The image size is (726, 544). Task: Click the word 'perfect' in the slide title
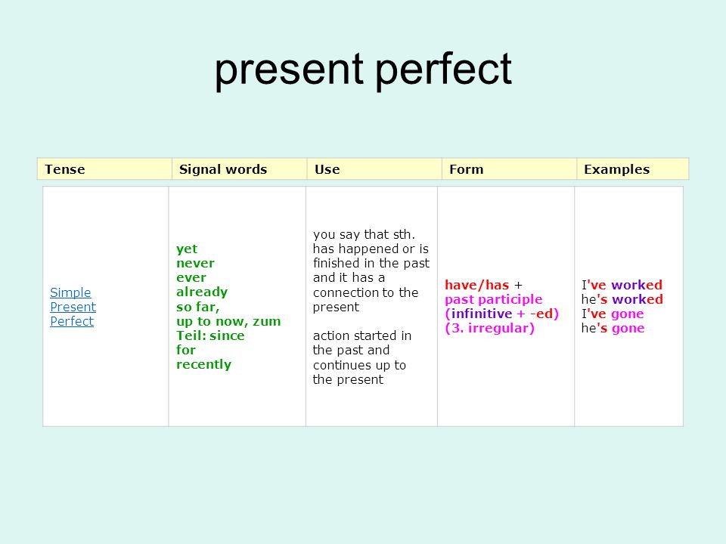click(444, 70)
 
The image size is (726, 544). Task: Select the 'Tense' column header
click(65, 169)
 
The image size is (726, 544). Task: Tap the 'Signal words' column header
click(223, 169)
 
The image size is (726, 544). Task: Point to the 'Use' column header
click(327, 169)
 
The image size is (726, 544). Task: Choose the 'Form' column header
click(467, 169)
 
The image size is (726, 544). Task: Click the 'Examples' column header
click(617, 169)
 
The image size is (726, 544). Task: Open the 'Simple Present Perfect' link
click(73, 307)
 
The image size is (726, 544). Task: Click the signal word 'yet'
click(187, 249)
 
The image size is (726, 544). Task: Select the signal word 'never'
click(195, 263)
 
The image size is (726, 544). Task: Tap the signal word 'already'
click(202, 292)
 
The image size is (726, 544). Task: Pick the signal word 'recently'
click(203, 364)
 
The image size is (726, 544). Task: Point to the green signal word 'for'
click(186, 350)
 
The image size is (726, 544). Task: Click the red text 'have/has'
click(477, 285)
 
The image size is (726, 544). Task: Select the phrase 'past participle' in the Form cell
click(494, 300)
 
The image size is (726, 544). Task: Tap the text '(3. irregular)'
click(490, 329)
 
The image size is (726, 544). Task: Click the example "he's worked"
click(622, 299)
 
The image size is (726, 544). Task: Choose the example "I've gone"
click(613, 314)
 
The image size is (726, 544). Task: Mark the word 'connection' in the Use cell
click(342, 292)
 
